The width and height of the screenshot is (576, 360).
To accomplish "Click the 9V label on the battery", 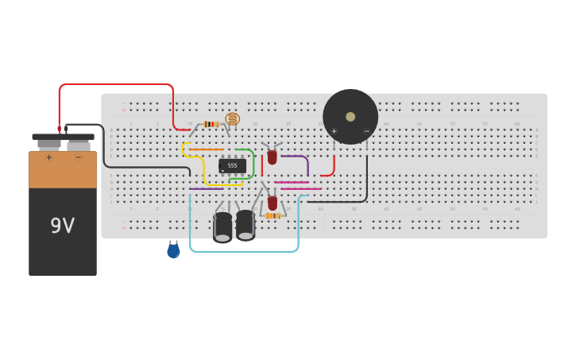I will point(62,226).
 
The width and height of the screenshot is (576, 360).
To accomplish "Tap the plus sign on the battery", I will point(48,157).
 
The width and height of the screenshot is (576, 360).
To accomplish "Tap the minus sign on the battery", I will point(78,157).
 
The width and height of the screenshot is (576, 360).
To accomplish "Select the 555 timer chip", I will point(232,166).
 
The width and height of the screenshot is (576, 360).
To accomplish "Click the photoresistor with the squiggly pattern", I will point(232,119).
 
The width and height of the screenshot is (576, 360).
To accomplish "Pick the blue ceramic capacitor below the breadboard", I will point(173,251).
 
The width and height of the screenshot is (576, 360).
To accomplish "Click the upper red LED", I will point(272,157).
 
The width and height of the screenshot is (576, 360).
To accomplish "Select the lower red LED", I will point(273,203).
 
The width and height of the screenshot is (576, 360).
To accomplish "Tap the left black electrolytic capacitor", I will point(222,226).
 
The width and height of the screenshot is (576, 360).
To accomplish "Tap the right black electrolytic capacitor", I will point(245,224).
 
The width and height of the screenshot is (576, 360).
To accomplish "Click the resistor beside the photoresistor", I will point(211,124).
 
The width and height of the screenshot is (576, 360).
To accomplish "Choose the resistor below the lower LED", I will point(273,215).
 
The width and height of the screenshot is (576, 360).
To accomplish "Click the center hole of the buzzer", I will point(350,117).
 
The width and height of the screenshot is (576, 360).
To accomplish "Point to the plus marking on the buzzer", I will point(334,131).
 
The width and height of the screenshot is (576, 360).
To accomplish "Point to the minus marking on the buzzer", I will point(367,131).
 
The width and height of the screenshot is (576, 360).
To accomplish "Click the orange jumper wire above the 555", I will point(207,149).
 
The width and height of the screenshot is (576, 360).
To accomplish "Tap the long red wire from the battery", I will point(119,84).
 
